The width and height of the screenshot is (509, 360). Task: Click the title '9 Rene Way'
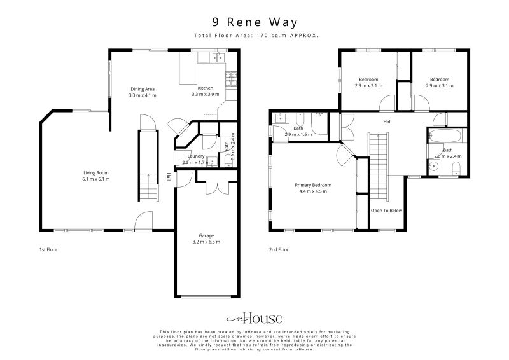point(254,22)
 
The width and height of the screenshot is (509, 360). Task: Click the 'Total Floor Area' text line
point(254,36)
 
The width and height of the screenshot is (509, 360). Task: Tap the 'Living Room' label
point(97,172)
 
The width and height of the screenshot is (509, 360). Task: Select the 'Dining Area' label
point(143,88)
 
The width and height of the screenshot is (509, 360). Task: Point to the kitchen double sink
point(218,58)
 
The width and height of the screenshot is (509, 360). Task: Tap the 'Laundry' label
point(195,156)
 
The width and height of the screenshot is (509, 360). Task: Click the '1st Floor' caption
point(48,249)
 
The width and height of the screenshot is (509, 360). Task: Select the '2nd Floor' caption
point(279,249)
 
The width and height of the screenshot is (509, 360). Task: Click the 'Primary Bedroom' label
point(313,185)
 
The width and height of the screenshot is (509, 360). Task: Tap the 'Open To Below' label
point(387,211)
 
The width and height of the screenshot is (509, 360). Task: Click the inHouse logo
point(254,319)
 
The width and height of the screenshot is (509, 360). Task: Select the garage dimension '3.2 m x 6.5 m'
point(206,242)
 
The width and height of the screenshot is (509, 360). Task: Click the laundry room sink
point(213,162)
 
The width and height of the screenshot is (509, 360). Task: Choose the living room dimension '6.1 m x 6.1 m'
point(97,179)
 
